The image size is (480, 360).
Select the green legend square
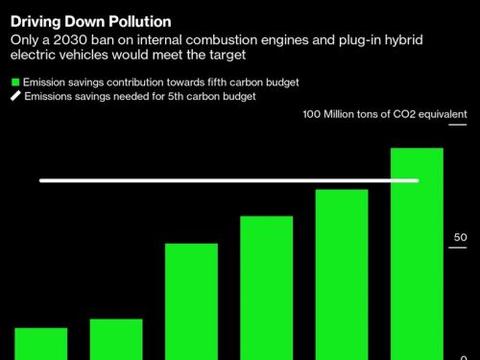(x=15, y=81)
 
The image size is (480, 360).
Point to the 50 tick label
(x=460, y=237)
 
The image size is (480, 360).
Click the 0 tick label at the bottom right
(x=464, y=355)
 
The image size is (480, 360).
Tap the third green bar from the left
(x=191, y=300)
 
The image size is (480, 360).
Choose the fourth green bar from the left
(x=266, y=287)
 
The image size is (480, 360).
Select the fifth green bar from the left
(x=341, y=273)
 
